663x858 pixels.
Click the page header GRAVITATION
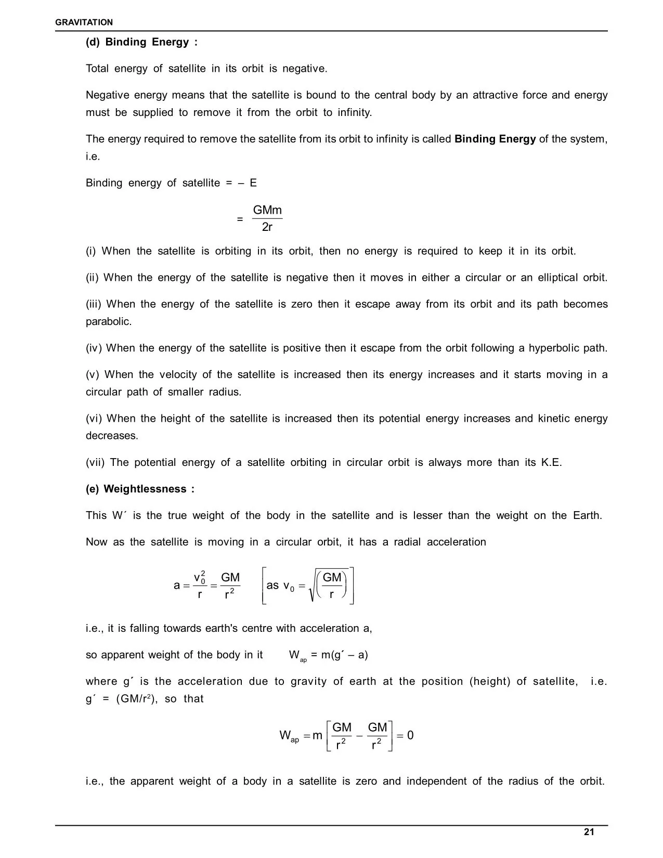coord(84,22)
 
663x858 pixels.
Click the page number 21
coord(589,832)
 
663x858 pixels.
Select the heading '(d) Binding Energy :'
coord(141,42)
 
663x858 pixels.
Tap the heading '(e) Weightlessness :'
coord(140,489)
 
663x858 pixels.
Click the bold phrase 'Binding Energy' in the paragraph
coord(495,139)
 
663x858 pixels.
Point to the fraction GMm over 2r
coord(267,218)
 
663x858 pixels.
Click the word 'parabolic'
coord(108,321)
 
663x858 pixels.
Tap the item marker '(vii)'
coord(95,462)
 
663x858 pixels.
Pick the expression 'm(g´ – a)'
coord(344,655)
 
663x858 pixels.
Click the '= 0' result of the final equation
coord(405,735)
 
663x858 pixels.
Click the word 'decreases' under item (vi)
coord(111,436)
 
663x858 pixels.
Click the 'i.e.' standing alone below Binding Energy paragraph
coord(93,157)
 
